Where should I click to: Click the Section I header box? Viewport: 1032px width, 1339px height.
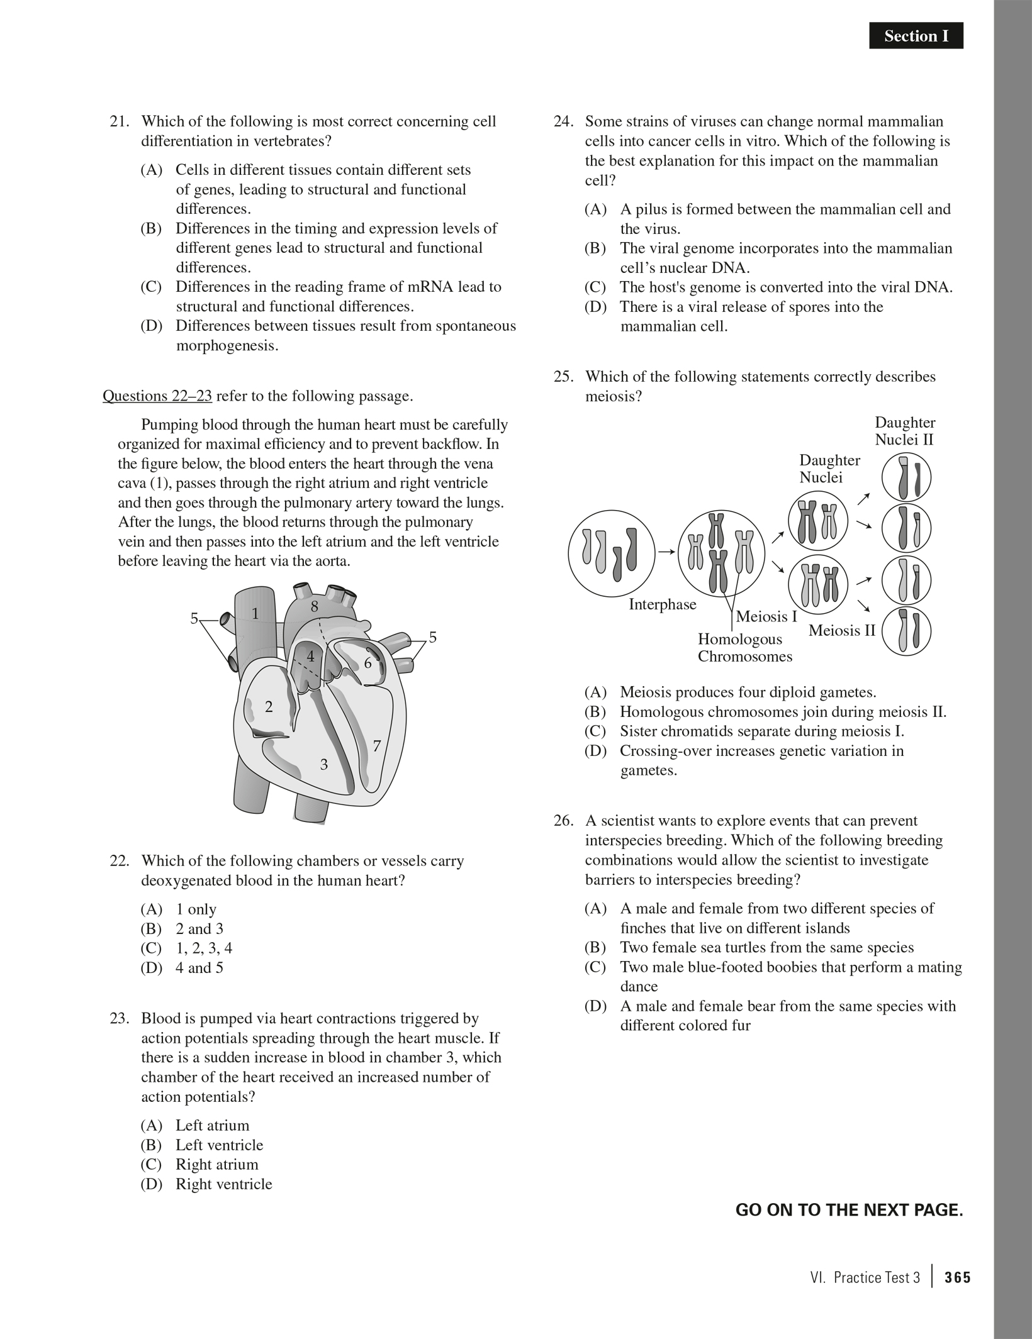916,36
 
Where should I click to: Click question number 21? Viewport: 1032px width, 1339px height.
119,121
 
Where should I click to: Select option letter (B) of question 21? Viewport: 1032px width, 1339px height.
151,228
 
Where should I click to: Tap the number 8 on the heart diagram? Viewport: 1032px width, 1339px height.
315,607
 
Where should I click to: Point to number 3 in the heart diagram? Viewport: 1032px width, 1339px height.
323,765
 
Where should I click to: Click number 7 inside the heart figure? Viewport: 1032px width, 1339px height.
376,747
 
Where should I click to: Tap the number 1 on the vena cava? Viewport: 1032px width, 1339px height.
255,614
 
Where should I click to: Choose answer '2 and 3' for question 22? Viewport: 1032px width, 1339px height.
199,929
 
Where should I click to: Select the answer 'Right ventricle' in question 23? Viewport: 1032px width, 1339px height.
223,1184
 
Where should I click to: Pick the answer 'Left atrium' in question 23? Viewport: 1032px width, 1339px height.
212,1126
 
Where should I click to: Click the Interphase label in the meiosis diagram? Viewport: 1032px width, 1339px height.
662,604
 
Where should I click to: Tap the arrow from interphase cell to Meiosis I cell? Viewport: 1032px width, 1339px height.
666,552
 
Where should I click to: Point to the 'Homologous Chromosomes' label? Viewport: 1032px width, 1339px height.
744,648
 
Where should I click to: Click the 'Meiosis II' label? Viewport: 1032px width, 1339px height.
841,630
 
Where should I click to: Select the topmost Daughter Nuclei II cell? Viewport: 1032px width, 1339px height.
906,479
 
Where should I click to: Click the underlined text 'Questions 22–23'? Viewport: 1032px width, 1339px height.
157,396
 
